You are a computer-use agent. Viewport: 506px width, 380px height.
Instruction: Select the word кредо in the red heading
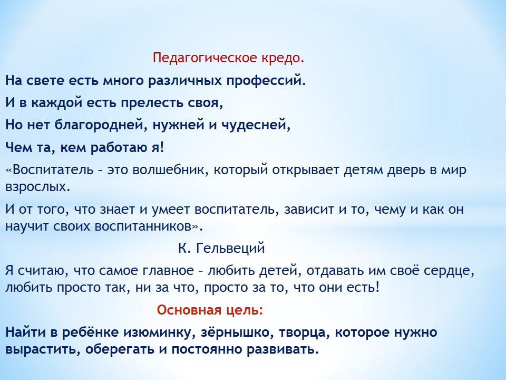point(280,58)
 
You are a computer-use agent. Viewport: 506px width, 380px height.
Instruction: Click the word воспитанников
point(143,226)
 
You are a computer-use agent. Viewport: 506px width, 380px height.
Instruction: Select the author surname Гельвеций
point(230,249)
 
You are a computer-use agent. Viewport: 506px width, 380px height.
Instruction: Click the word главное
point(168,271)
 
